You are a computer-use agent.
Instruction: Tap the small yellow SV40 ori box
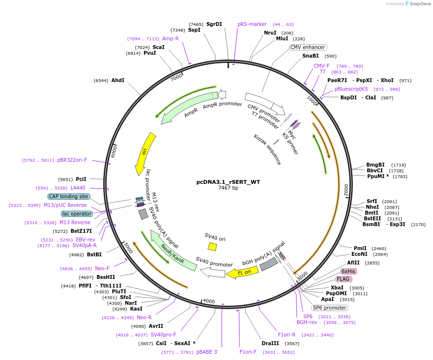pyautogui.click(x=212, y=246)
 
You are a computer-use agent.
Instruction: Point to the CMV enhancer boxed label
pyautogui.click(x=308, y=47)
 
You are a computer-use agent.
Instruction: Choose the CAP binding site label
pyautogui.click(x=69, y=196)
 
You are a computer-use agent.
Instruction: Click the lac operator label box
pyautogui.click(x=77, y=214)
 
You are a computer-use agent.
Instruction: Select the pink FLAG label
pyautogui.click(x=344, y=279)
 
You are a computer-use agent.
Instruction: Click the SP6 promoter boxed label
pyautogui.click(x=329, y=308)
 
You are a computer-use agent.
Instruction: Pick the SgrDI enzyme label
pyautogui.click(x=214, y=24)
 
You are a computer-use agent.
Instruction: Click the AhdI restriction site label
pyautogui.click(x=118, y=80)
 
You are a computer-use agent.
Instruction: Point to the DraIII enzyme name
pyautogui.click(x=270, y=344)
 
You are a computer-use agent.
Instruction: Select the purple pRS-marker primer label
pyautogui.click(x=252, y=24)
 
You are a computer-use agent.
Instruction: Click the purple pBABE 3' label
pyautogui.click(x=207, y=352)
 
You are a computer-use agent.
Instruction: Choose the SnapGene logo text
pyautogui.click(x=419, y=4)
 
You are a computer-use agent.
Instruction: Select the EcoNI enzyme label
pyautogui.click(x=360, y=254)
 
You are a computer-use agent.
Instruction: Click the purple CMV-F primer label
pyautogui.click(x=322, y=66)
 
